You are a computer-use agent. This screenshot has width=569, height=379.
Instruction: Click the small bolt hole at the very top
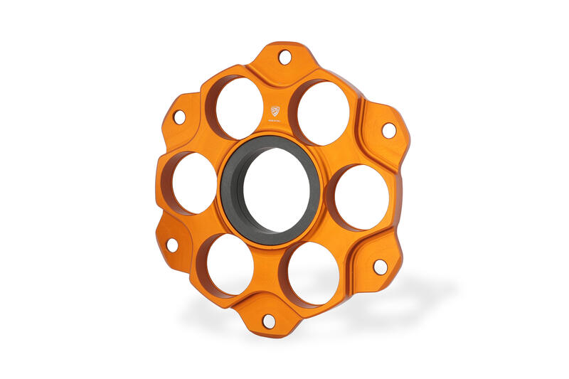(284, 57)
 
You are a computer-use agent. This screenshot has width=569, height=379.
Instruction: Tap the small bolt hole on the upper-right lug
(388, 130)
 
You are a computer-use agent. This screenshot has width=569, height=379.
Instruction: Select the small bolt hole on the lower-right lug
(381, 267)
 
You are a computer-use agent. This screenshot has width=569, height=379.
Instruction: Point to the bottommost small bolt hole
(269, 321)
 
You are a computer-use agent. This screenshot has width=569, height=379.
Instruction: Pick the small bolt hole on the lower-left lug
(172, 245)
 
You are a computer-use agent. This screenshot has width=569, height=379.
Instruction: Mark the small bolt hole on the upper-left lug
(179, 115)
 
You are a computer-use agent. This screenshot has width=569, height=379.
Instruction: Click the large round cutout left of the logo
(236, 107)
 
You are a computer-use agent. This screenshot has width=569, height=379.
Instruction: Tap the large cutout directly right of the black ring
(361, 197)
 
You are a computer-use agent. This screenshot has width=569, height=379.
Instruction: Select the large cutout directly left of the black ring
(194, 183)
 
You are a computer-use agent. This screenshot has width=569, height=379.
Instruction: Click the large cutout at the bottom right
(314, 274)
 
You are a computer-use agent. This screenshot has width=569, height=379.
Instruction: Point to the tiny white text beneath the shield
(275, 123)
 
